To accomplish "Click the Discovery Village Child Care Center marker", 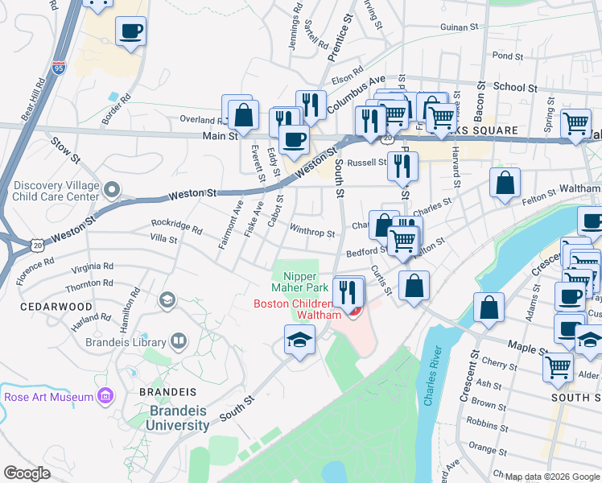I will click(112, 190).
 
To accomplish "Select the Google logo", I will click(27, 473).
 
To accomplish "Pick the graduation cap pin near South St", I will click(299, 340).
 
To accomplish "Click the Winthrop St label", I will click(312, 233).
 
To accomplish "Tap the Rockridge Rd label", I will click(176, 226).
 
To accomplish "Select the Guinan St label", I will click(460, 27).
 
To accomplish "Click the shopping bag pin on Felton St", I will click(505, 184).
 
